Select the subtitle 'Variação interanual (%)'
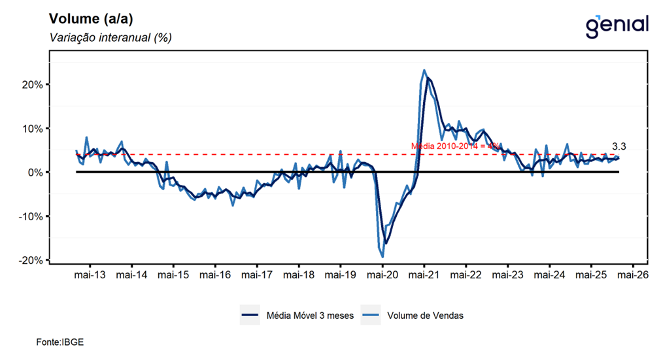click(110, 37)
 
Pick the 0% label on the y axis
click(35, 172)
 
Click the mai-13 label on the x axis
click(90, 275)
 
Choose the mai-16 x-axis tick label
click(215, 275)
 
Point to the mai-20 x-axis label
click(382, 275)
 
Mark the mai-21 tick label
click(424, 275)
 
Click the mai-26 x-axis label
click(633, 275)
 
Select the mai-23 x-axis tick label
click(507, 275)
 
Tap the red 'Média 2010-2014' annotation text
click(455, 146)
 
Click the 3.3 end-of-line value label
click(619, 146)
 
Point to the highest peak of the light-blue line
click(424, 70)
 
